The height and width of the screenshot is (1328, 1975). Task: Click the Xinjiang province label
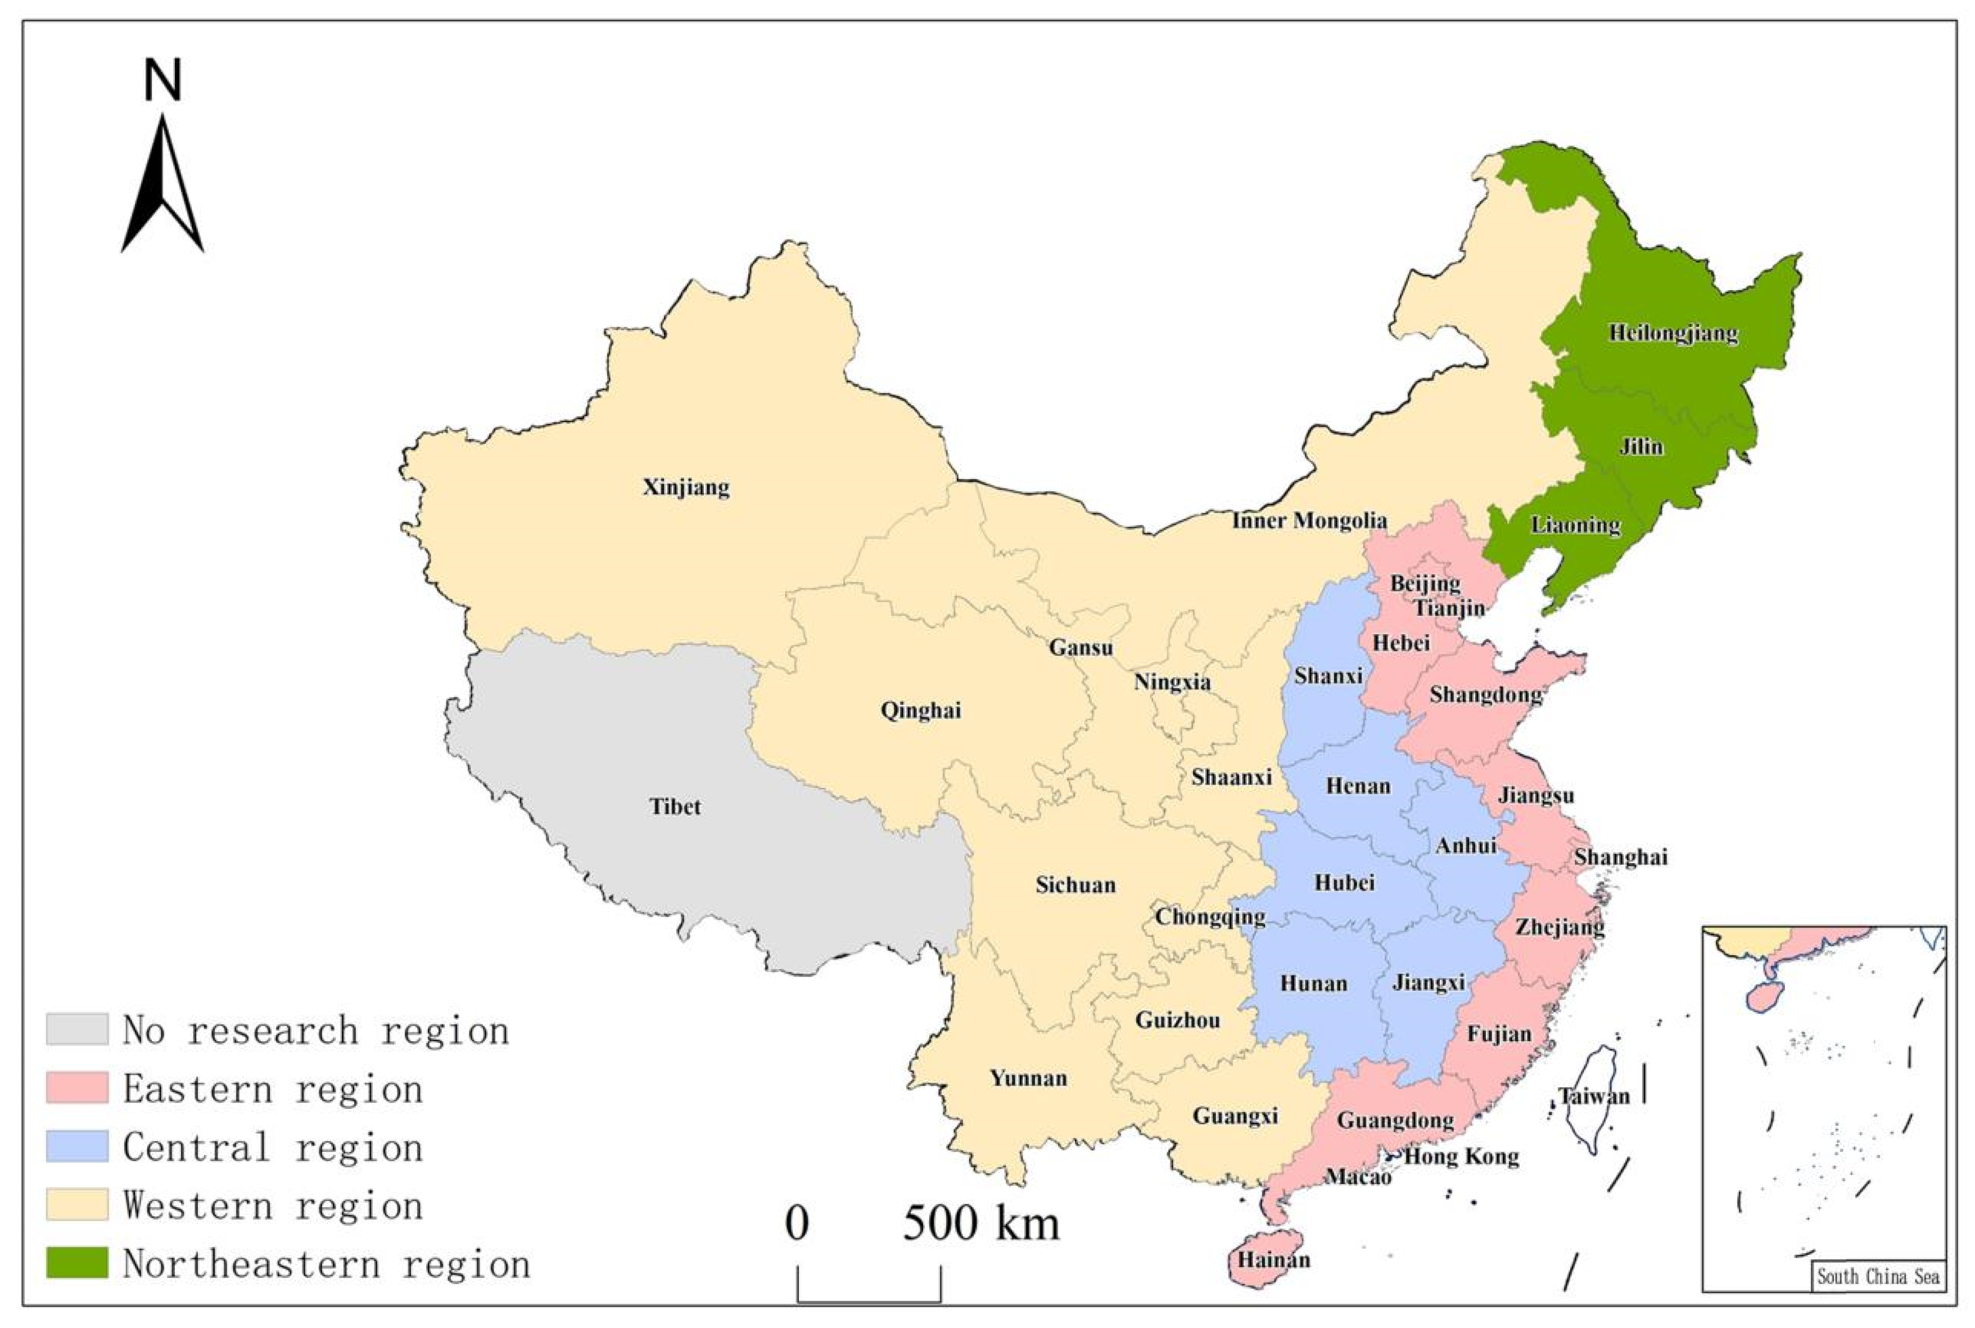tap(686, 488)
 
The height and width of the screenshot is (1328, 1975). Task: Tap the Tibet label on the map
tap(675, 806)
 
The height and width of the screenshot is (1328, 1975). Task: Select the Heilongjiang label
tap(1673, 333)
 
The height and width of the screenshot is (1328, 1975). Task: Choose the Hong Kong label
tap(1462, 1157)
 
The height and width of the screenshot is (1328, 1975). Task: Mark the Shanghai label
tap(1620, 857)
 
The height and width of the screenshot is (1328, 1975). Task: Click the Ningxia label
tap(1172, 682)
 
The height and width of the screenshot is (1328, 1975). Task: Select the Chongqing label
tap(1210, 916)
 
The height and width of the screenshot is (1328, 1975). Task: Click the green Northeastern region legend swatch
tap(77, 1262)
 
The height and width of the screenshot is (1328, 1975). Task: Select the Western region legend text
tap(273, 1205)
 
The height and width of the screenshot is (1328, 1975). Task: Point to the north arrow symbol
tap(162, 186)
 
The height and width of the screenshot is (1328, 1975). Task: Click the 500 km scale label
tap(980, 1224)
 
